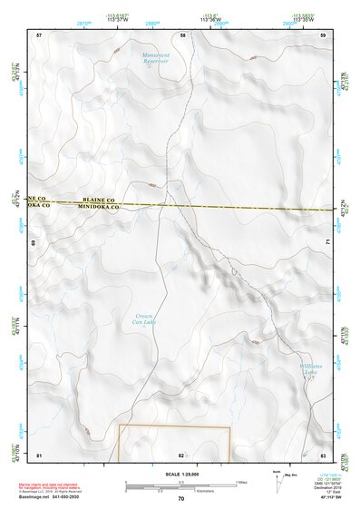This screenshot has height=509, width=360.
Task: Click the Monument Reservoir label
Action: point(155,59)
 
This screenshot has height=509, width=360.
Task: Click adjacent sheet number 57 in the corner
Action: point(39,34)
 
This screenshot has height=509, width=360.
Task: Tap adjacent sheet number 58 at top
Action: point(182,34)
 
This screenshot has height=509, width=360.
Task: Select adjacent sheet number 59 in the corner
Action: point(323,34)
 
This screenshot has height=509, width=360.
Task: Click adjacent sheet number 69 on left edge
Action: point(35,243)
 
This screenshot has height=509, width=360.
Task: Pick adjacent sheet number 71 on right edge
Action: point(326,243)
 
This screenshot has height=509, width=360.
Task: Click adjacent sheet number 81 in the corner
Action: point(39,454)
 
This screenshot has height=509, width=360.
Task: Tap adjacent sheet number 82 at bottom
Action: point(181,454)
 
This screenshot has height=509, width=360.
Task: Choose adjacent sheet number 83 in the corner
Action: point(323,454)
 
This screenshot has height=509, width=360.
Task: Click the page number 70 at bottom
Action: point(180,498)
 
